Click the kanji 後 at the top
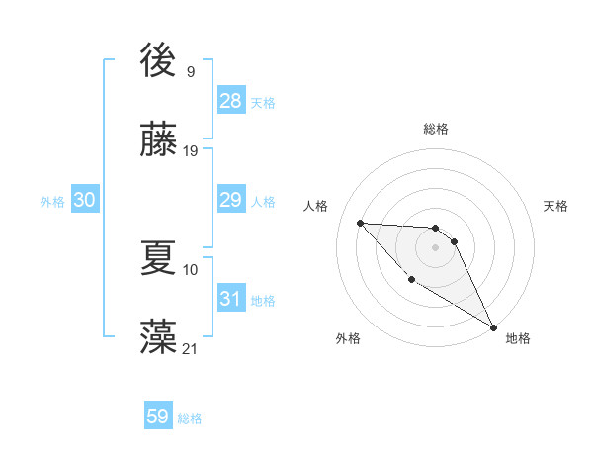[x=159, y=61]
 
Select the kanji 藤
[x=159, y=139]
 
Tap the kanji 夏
[x=159, y=258]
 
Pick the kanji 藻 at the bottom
[x=159, y=336]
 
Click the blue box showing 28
[x=231, y=101]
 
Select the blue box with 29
[x=231, y=200]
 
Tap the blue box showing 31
[x=231, y=299]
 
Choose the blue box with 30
[x=85, y=200]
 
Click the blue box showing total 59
[x=158, y=417]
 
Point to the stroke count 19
[x=191, y=151]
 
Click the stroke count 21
[x=191, y=348]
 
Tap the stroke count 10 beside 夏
[x=191, y=269]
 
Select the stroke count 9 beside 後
[x=191, y=72]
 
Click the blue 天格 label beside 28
[x=263, y=102]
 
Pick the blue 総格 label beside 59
[x=190, y=418]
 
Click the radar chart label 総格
[x=436, y=129]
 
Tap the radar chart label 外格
[x=348, y=339]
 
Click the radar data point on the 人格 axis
[x=360, y=223]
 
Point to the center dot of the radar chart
[x=435, y=247]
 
